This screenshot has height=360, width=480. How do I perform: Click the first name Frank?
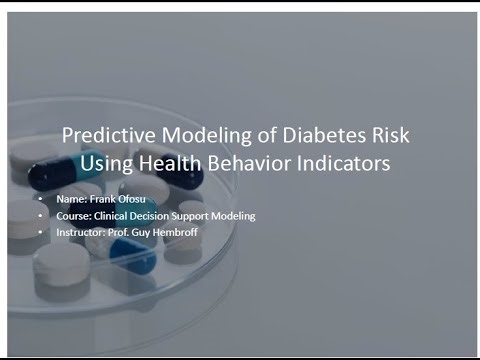[x=102, y=200]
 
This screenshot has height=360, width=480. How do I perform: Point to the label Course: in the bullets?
[x=77, y=216]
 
